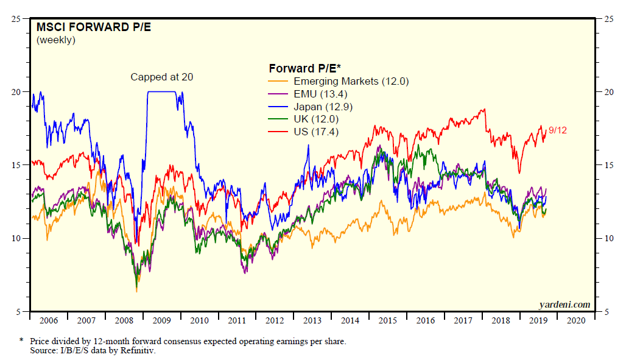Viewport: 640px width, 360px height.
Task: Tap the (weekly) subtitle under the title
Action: pyautogui.click(x=56, y=40)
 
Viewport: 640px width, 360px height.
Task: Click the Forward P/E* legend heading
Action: pyautogui.click(x=304, y=68)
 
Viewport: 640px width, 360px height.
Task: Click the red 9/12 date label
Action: pyautogui.click(x=558, y=130)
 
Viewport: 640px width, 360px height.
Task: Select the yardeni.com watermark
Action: pyautogui.click(x=564, y=304)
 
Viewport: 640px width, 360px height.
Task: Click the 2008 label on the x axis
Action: pyautogui.click(x=124, y=320)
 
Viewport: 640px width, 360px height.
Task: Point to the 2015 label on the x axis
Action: pyautogui.click(x=388, y=320)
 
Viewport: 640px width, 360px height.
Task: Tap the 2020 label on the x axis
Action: pyautogui.click(x=577, y=320)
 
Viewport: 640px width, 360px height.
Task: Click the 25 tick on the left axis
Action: pyautogui.click(x=17, y=18)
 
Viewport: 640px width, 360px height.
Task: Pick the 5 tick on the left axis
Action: pyautogui.click(x=19, y=312)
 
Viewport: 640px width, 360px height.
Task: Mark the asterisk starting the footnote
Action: pyautogui.click(x=22, y=341)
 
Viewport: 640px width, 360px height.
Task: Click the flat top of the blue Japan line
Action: pyautogui.click(x=161, y=92)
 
